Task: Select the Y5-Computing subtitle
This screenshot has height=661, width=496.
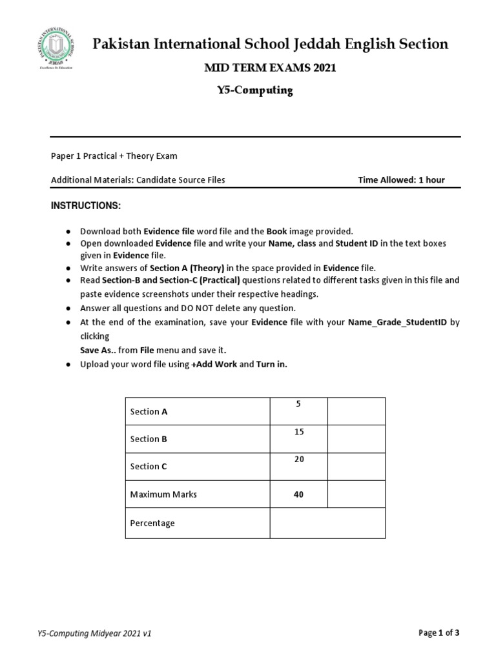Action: tap(254, 91)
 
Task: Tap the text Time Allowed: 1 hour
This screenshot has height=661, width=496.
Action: tap(401, 180)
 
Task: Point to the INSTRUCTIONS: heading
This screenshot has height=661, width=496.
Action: tap(86, 205)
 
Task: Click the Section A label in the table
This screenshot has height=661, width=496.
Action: tap(149, 411)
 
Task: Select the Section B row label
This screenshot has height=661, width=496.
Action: tap(149, 439)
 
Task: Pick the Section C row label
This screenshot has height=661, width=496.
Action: tap(149, 466)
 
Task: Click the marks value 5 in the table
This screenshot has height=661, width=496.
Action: tap(298, 404)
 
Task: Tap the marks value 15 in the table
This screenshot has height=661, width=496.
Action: tap(298, 432)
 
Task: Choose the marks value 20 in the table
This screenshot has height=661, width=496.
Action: tap(298, 459)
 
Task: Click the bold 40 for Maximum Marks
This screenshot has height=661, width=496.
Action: tap(298, 494)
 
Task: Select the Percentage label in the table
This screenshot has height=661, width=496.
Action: tap(152, 523)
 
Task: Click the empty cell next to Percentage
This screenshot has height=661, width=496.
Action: tap(327, 523)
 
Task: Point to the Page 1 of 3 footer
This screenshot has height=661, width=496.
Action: tap(439, 633)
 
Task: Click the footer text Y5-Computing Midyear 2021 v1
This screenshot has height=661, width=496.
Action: tap(95, 634)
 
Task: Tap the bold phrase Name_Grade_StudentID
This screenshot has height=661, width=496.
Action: tap(397, 321)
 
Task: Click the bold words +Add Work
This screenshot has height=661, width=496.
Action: tap(214, 364)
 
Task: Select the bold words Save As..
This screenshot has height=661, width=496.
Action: tap(98, 350)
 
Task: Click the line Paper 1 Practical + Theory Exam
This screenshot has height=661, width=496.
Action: tap(114, 156)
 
